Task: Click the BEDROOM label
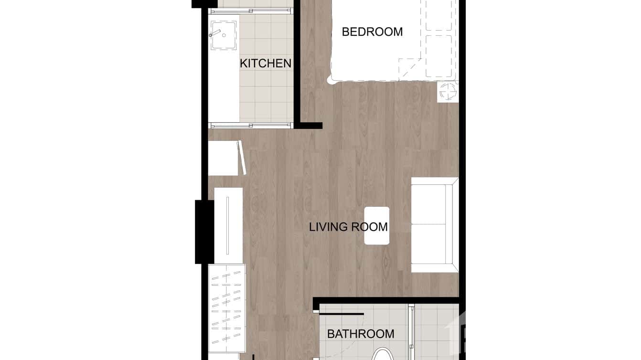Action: coord(372,32)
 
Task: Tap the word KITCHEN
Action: coord(266,63)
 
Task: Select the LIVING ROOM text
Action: coord(348,226)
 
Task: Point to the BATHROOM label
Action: coord(361,334)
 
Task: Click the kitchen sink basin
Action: coord(224,35)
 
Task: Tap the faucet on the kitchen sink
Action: coord(216,33)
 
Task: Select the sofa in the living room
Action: coord(432,224)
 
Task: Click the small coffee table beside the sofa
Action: coord(377,225)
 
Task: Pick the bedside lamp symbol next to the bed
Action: coord(448,91)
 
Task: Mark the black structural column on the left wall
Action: coord(204,232)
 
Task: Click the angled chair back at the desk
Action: coord(242,157)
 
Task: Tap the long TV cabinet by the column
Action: coord(228,225)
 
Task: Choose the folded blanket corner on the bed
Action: coord(408,68)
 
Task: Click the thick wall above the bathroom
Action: coord(387,300)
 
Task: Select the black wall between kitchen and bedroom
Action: coord(297,62)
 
